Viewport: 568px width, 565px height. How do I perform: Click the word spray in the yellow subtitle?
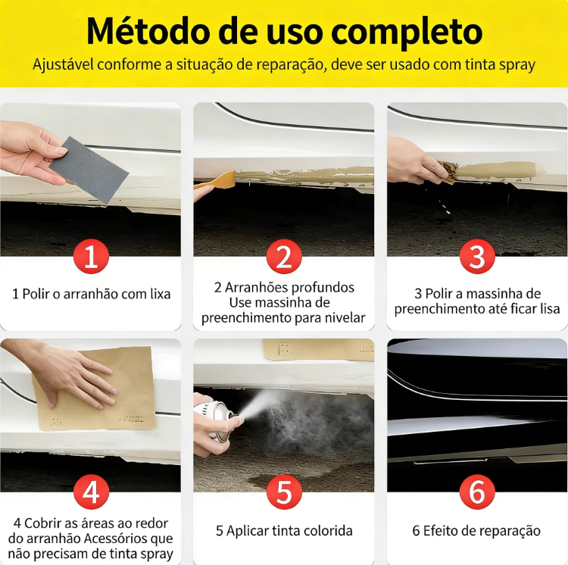tap(517, 66)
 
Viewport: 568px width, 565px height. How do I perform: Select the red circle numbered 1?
tap(91, 257)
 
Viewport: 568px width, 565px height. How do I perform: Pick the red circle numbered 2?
tap(284, 257)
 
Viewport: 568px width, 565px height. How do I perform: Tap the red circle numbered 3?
tap(477, 257)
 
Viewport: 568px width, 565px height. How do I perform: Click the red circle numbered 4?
tap(91, 492)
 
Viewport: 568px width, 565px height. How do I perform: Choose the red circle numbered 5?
tap(284, 492)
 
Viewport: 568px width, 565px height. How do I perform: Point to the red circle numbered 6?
tap(477, 492)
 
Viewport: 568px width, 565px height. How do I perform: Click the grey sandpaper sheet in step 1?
tap(89, 169)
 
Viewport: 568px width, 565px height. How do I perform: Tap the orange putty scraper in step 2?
tap(214, 180)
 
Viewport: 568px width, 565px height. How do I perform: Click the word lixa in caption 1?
tap(160, 294)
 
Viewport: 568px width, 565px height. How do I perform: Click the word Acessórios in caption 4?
tap(120, 538)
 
